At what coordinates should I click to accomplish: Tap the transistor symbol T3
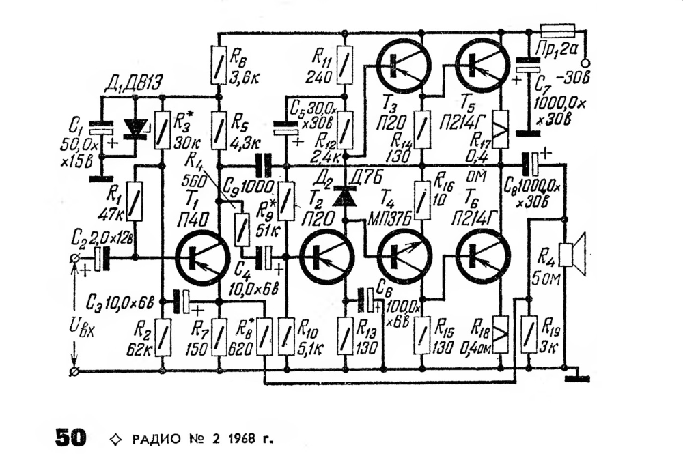(404, 65)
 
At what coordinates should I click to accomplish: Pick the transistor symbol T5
(482, 65)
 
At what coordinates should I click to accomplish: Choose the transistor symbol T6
(482, 257)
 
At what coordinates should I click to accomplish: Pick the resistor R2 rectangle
(163, 336)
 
